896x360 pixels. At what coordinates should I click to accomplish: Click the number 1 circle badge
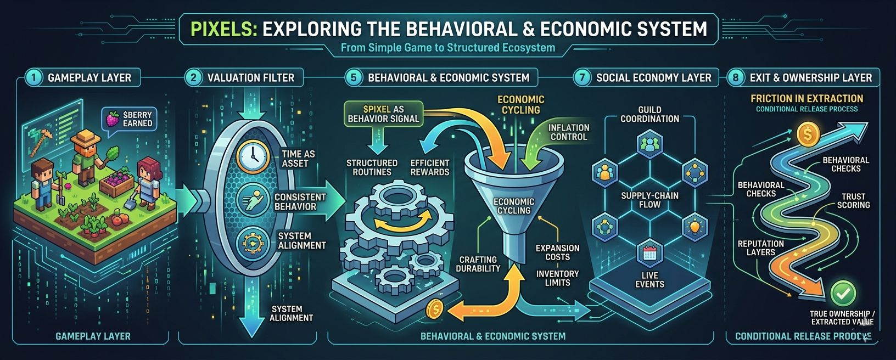coord(33,77)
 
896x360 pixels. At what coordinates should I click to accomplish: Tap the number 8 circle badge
coord(736,77)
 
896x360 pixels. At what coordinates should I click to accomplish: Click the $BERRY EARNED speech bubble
coord(130,119)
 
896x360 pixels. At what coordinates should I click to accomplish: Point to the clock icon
coord(253,156)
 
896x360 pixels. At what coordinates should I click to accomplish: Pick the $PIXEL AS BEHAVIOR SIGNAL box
coord(383,114)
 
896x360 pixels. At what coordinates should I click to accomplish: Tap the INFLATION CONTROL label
coord(568,132)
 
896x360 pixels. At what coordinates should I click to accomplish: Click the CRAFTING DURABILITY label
coord(478,264)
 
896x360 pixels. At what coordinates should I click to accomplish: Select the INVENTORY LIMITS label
coord(557,278)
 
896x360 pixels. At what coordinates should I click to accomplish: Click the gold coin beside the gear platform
coord(435,310)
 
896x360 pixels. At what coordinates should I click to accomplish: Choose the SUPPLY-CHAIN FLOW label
coord(649,200)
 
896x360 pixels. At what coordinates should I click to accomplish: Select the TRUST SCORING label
coord(853,201)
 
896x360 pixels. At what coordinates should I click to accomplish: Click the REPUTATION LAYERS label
coord(760,248)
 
